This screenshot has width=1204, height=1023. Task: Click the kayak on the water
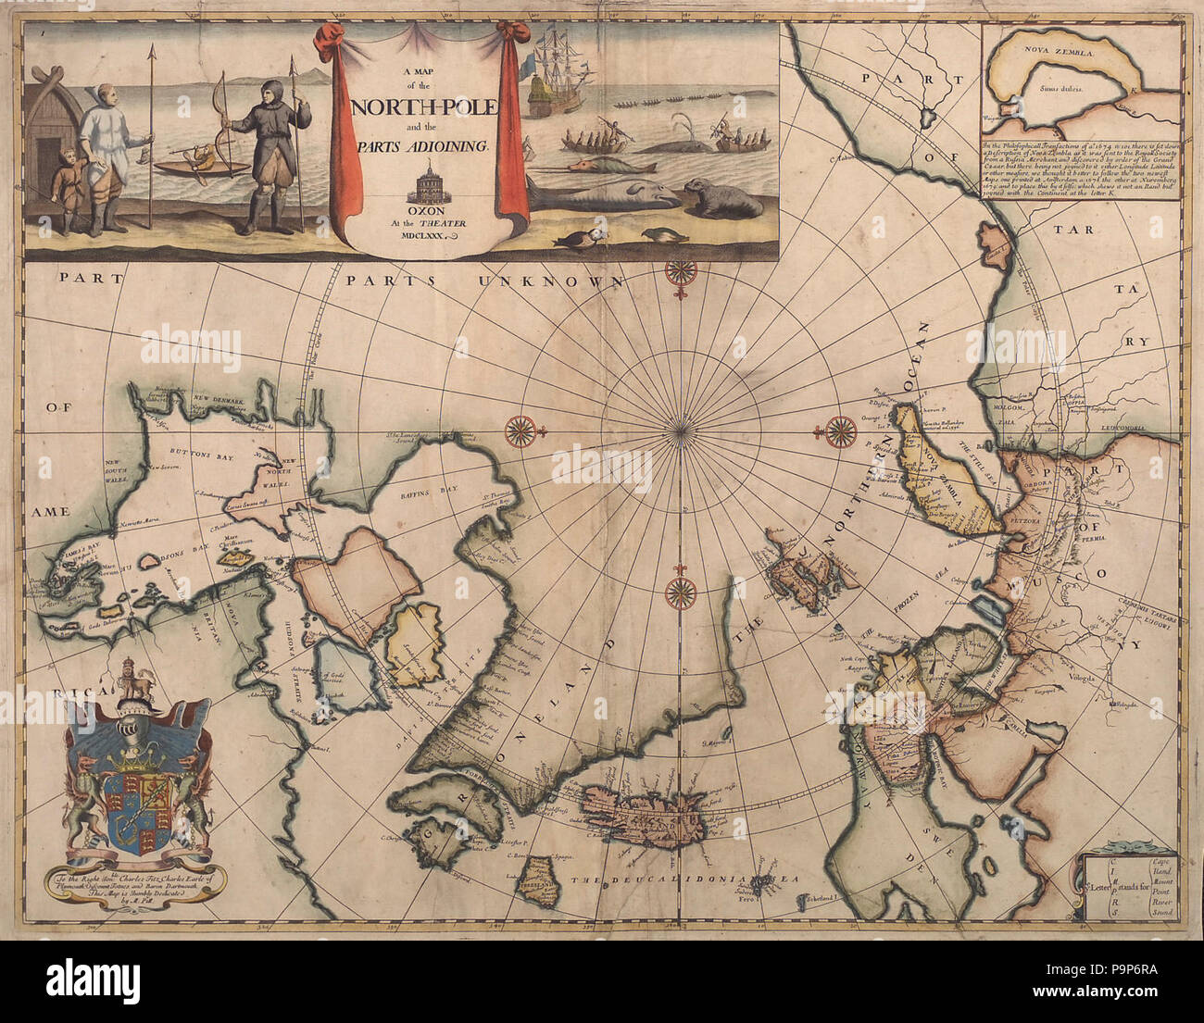point(202,168)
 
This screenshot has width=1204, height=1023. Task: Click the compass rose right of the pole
point(840,429)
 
